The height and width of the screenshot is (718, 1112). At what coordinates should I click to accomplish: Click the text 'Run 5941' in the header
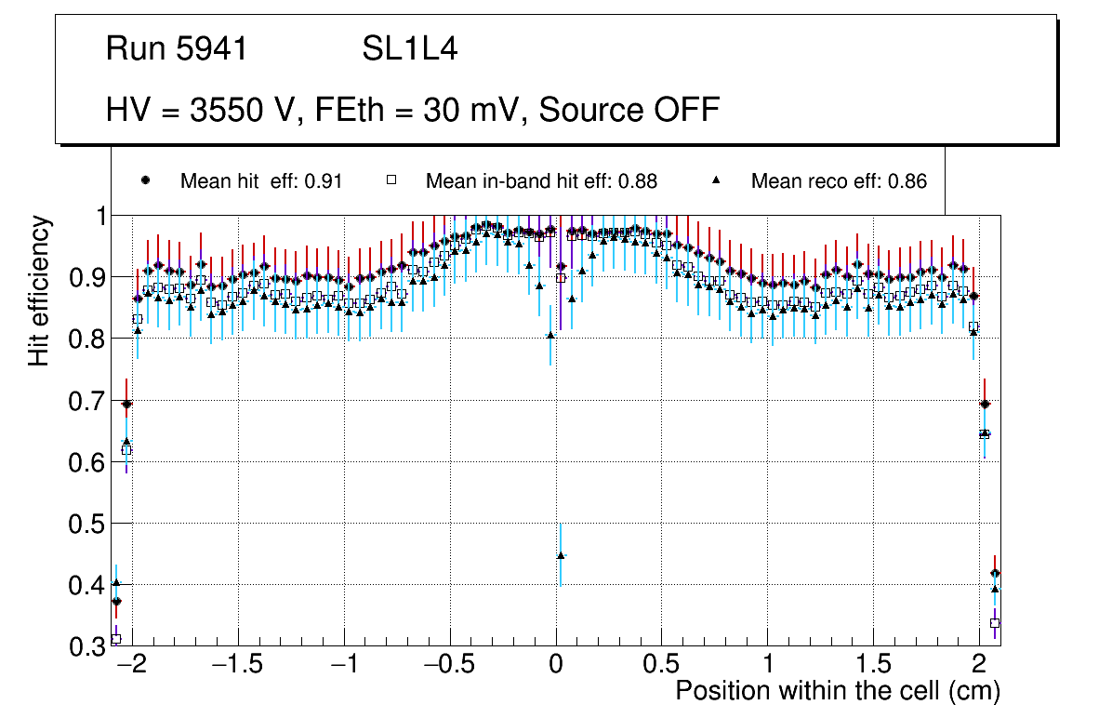[x=177, y=48]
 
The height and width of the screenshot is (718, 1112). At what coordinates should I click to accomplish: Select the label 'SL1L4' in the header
[x=409, y=48]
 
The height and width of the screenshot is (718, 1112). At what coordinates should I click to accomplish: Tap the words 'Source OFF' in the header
[x=629, y=110]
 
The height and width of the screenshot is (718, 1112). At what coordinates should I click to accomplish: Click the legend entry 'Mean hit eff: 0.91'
[x=261, y=181]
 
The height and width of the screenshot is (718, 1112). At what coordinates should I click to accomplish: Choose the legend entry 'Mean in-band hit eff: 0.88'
[x=541, y=181]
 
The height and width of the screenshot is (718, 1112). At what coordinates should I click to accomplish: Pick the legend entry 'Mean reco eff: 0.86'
[x=839, y=181]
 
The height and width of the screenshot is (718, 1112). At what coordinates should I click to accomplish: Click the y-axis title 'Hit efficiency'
[x=39, y=290]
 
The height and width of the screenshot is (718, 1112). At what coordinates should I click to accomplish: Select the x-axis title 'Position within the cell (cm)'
[x=837, y=692]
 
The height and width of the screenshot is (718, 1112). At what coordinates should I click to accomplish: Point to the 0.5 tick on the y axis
[x=86, y=525]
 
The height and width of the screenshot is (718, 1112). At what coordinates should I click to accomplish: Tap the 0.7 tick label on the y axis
[x=86, y=402]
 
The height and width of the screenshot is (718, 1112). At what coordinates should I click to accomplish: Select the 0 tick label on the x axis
[x=556, y=666]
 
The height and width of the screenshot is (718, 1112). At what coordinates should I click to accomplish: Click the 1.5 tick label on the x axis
[x=873, y=666]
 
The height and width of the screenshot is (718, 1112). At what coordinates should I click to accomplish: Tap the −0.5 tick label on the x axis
[x=450, y=666]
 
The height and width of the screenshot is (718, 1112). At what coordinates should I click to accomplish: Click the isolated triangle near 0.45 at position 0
[x=561, y=555]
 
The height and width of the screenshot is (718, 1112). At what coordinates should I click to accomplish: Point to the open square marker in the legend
[x=391, y=180]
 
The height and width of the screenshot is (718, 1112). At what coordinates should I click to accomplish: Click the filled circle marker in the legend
[x=145, y=180]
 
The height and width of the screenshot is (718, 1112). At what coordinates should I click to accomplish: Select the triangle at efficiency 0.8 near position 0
[x=550, y=335]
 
